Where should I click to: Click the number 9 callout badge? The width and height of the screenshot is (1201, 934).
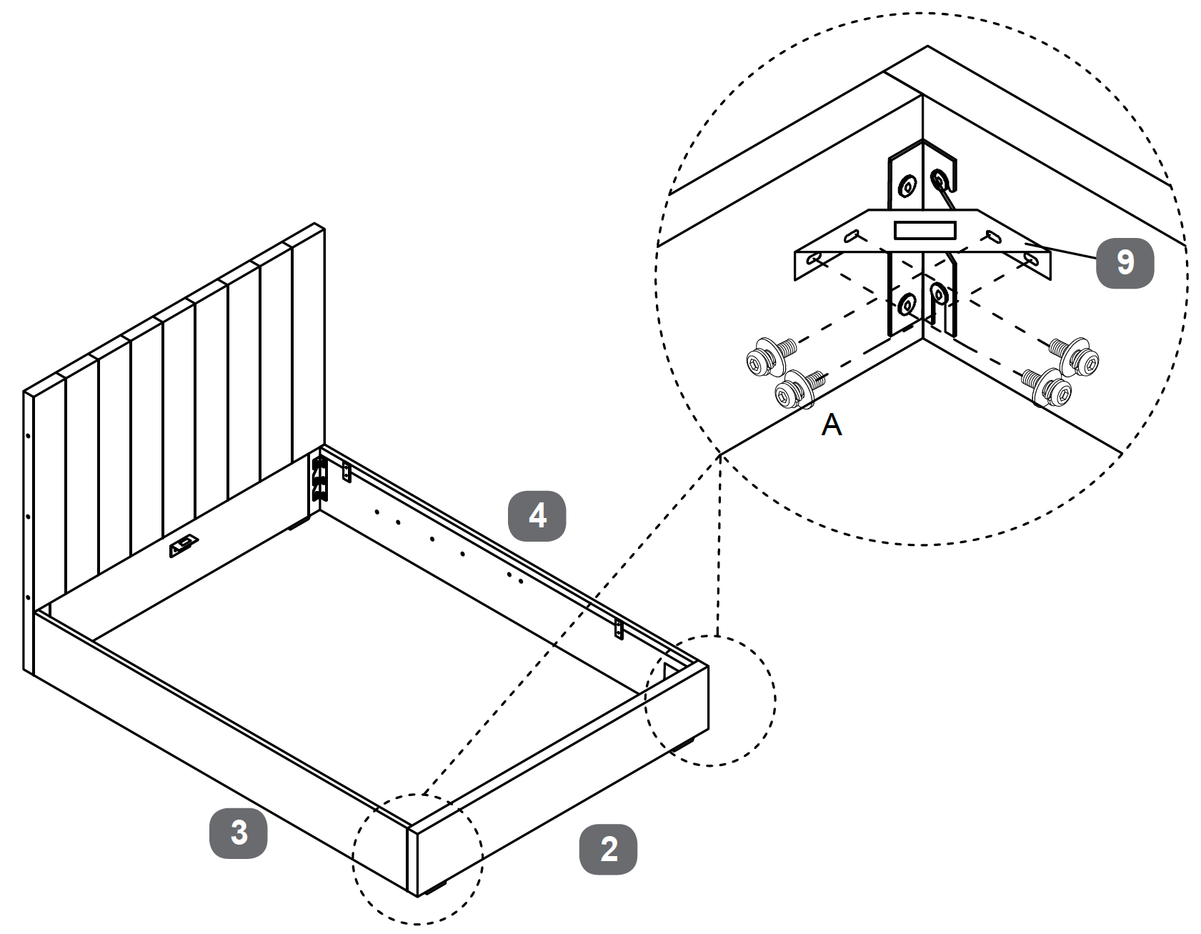[x=1125, y=262]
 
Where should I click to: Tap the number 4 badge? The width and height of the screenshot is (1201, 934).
[x=537, y=515]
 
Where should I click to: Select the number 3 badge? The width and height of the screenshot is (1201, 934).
[x=238, y=833]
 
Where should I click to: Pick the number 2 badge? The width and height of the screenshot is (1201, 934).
[x=608, y=849]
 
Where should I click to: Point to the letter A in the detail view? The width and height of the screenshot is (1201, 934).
[x=832, y=425]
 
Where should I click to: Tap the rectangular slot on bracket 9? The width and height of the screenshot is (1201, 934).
[x=925, y=230]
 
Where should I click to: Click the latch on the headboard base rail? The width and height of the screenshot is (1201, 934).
[x=184, y=546]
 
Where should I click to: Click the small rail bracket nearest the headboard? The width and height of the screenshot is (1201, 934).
[x=347, y=472]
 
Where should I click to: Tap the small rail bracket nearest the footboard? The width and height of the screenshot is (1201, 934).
[x=619, y=630]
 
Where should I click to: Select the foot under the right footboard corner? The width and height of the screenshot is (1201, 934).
[x=683, y=744]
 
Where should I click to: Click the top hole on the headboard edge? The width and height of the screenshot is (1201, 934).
[x=28, y=434]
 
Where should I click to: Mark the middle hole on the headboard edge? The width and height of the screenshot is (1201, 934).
[x=28, y=516]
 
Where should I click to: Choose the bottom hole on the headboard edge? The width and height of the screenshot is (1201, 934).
[x=28, y=597]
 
